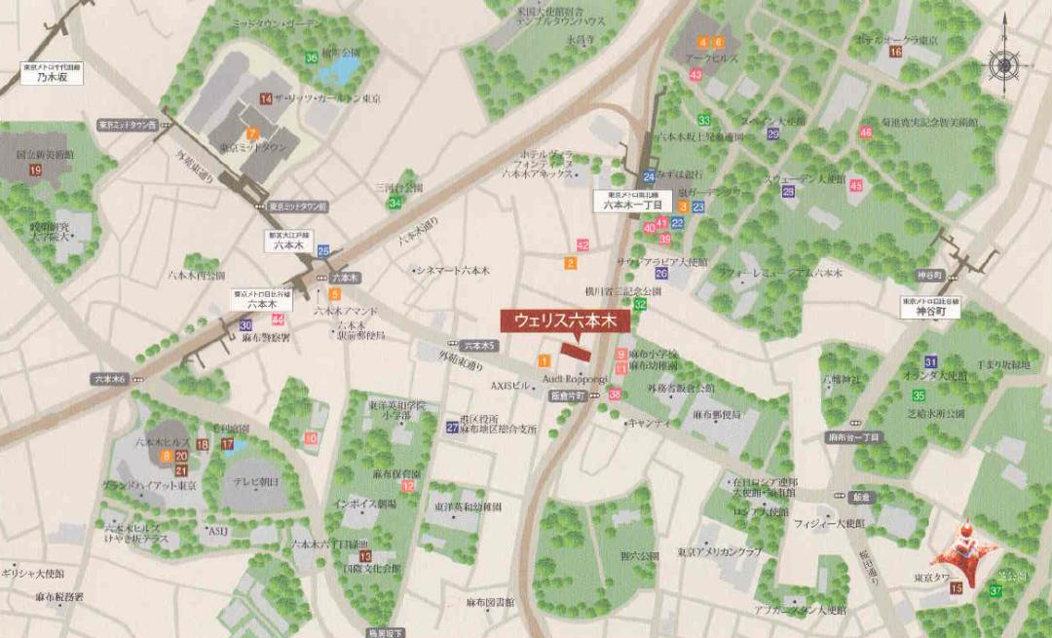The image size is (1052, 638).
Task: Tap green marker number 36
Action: point(311,57)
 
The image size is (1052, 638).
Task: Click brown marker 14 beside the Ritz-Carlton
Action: point(266,98)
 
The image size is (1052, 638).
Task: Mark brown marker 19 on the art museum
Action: point(35,170)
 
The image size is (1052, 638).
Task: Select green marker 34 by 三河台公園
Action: point(394,203)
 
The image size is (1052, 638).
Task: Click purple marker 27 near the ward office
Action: point(452,427)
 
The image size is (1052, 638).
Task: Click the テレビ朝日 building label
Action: point(255,482)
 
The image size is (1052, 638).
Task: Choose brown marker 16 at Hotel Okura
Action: point(895,52)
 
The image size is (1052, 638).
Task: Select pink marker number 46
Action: point(865,132)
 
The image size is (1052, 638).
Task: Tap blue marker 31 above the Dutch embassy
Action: point(931,361)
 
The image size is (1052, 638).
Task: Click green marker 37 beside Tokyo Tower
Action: point(996,591)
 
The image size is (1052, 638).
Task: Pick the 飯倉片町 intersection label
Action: point(566,396)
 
